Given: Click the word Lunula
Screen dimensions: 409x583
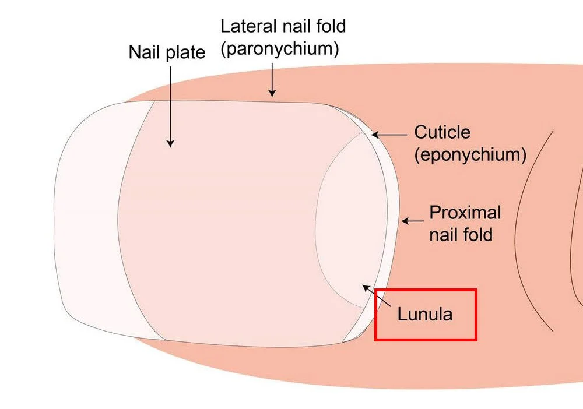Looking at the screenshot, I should point(424,315).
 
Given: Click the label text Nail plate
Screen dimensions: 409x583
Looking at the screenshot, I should point(167,52).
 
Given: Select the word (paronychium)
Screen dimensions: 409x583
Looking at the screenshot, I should point(279,49).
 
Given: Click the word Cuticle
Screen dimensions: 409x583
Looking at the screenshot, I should point(442,132).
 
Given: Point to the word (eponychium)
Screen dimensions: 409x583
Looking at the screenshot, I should point(470,154).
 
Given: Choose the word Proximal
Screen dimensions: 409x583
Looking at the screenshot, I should point(465,213).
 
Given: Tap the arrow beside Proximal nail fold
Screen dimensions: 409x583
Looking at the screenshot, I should point(412,221).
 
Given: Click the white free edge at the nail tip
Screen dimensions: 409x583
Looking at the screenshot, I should point(87,221).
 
